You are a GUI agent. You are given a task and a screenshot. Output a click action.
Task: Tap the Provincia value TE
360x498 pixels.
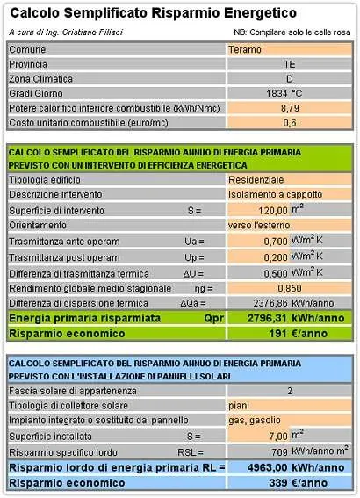click(289, 64)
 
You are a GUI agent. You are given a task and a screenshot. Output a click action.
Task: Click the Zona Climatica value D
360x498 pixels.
click(289, 78)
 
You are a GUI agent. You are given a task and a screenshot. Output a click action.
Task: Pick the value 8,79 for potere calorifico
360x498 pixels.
click(289, 107)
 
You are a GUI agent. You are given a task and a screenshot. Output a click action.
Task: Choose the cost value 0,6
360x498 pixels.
click(289, 122)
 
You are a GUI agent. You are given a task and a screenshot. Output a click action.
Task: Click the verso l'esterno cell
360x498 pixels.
click(263, 225)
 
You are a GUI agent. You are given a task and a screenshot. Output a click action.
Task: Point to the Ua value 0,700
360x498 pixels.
click(276, 240)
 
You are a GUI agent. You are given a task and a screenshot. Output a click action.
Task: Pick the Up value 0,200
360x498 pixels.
click(276, 256)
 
